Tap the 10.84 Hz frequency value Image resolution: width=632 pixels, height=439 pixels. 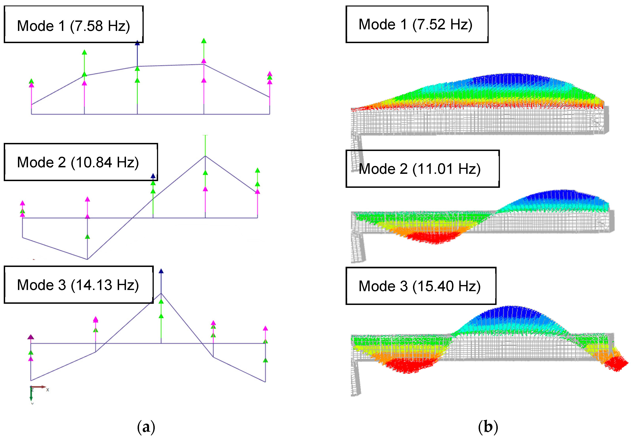point(105,162)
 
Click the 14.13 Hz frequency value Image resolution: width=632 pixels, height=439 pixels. point(105,285)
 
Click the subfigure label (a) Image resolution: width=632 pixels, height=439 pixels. point(146,427)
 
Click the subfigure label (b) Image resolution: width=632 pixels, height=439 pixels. point(488,427)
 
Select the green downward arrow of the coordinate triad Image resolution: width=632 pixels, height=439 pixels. point(31,395)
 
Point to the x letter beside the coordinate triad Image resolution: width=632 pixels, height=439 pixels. point(48,390)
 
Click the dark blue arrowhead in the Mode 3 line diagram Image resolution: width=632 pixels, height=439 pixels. point(161,271)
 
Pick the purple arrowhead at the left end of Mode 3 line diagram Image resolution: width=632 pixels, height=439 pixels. point(31,337)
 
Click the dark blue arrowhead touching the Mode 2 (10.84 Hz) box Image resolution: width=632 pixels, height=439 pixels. point(153,176)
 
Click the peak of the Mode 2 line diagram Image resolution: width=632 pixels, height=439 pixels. point(205,156)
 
